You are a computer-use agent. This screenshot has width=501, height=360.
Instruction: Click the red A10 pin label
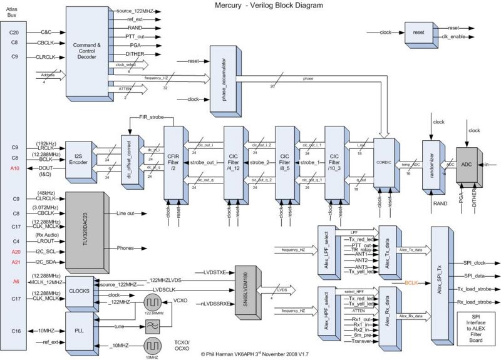(15, 169)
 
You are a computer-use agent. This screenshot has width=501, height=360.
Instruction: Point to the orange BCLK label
(411, 283)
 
